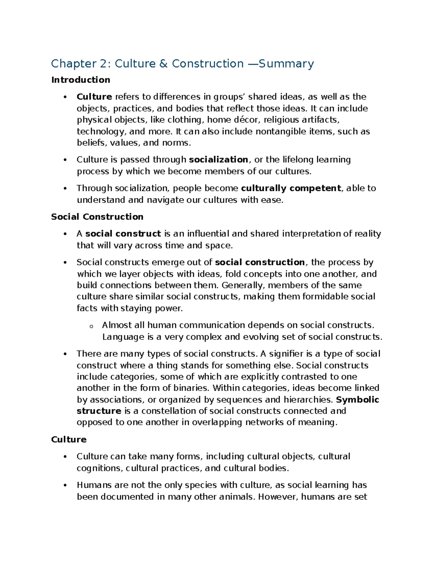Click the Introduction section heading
coord(81,80)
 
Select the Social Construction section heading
coord(97,217)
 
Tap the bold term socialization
coord(218,160)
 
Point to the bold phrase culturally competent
coord(291,188)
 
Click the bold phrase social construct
coord(123,234)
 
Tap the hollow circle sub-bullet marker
coord(91,326)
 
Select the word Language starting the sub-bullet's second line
coord(123,337)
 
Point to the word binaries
coord(191,388)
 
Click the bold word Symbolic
coord(357,400)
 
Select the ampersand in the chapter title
coord(163,64)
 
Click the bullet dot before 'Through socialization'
coord(65,188)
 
